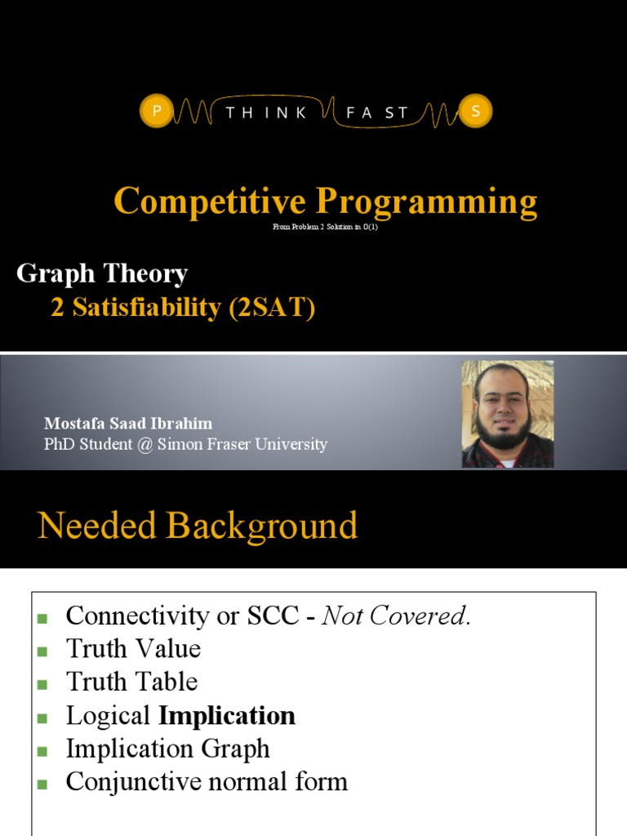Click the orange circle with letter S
point(475,113)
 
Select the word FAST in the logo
point(376,113)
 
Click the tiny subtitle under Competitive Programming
point(325,227)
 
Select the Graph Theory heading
point(102,273)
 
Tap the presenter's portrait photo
point(507,414)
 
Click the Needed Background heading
point(198,527)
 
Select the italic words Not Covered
point(396,616)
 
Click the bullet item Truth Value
point(133,649)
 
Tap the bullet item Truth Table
point(131,682)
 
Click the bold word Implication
point(227,716)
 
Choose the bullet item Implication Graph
point(167,749)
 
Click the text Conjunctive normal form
point(207,782)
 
